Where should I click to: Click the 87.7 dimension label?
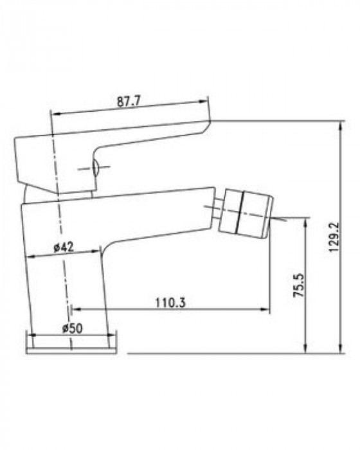pyautogui.click(x=129, y=102)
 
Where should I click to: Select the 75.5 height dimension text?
pyautogui.click(x=298, y=285)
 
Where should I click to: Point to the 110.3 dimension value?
pyautogui.click(x=170, y=302)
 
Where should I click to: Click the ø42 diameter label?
pyautogui.click(x=64, y=247)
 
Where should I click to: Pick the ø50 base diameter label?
pyautogui.click(x=73, y=328)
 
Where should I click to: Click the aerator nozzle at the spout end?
pyautogui.click(x=245, y=214)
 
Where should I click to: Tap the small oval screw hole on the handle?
pyautogui.click(x=95, y=168)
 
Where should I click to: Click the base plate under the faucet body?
pyautogui.click(x=71, y=351)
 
